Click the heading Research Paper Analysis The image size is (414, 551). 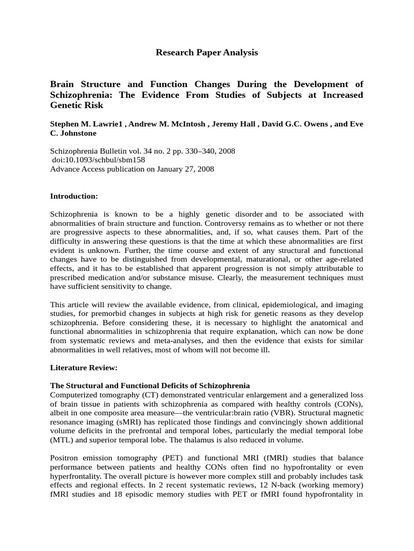click(x=206, y=52)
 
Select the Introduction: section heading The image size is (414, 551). click(x=74, y=196)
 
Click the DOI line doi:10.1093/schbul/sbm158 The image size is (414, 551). click(x=98, y=160)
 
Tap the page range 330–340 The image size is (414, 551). click(x=192, y=151)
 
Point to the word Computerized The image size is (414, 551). click(x=74, y=394)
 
